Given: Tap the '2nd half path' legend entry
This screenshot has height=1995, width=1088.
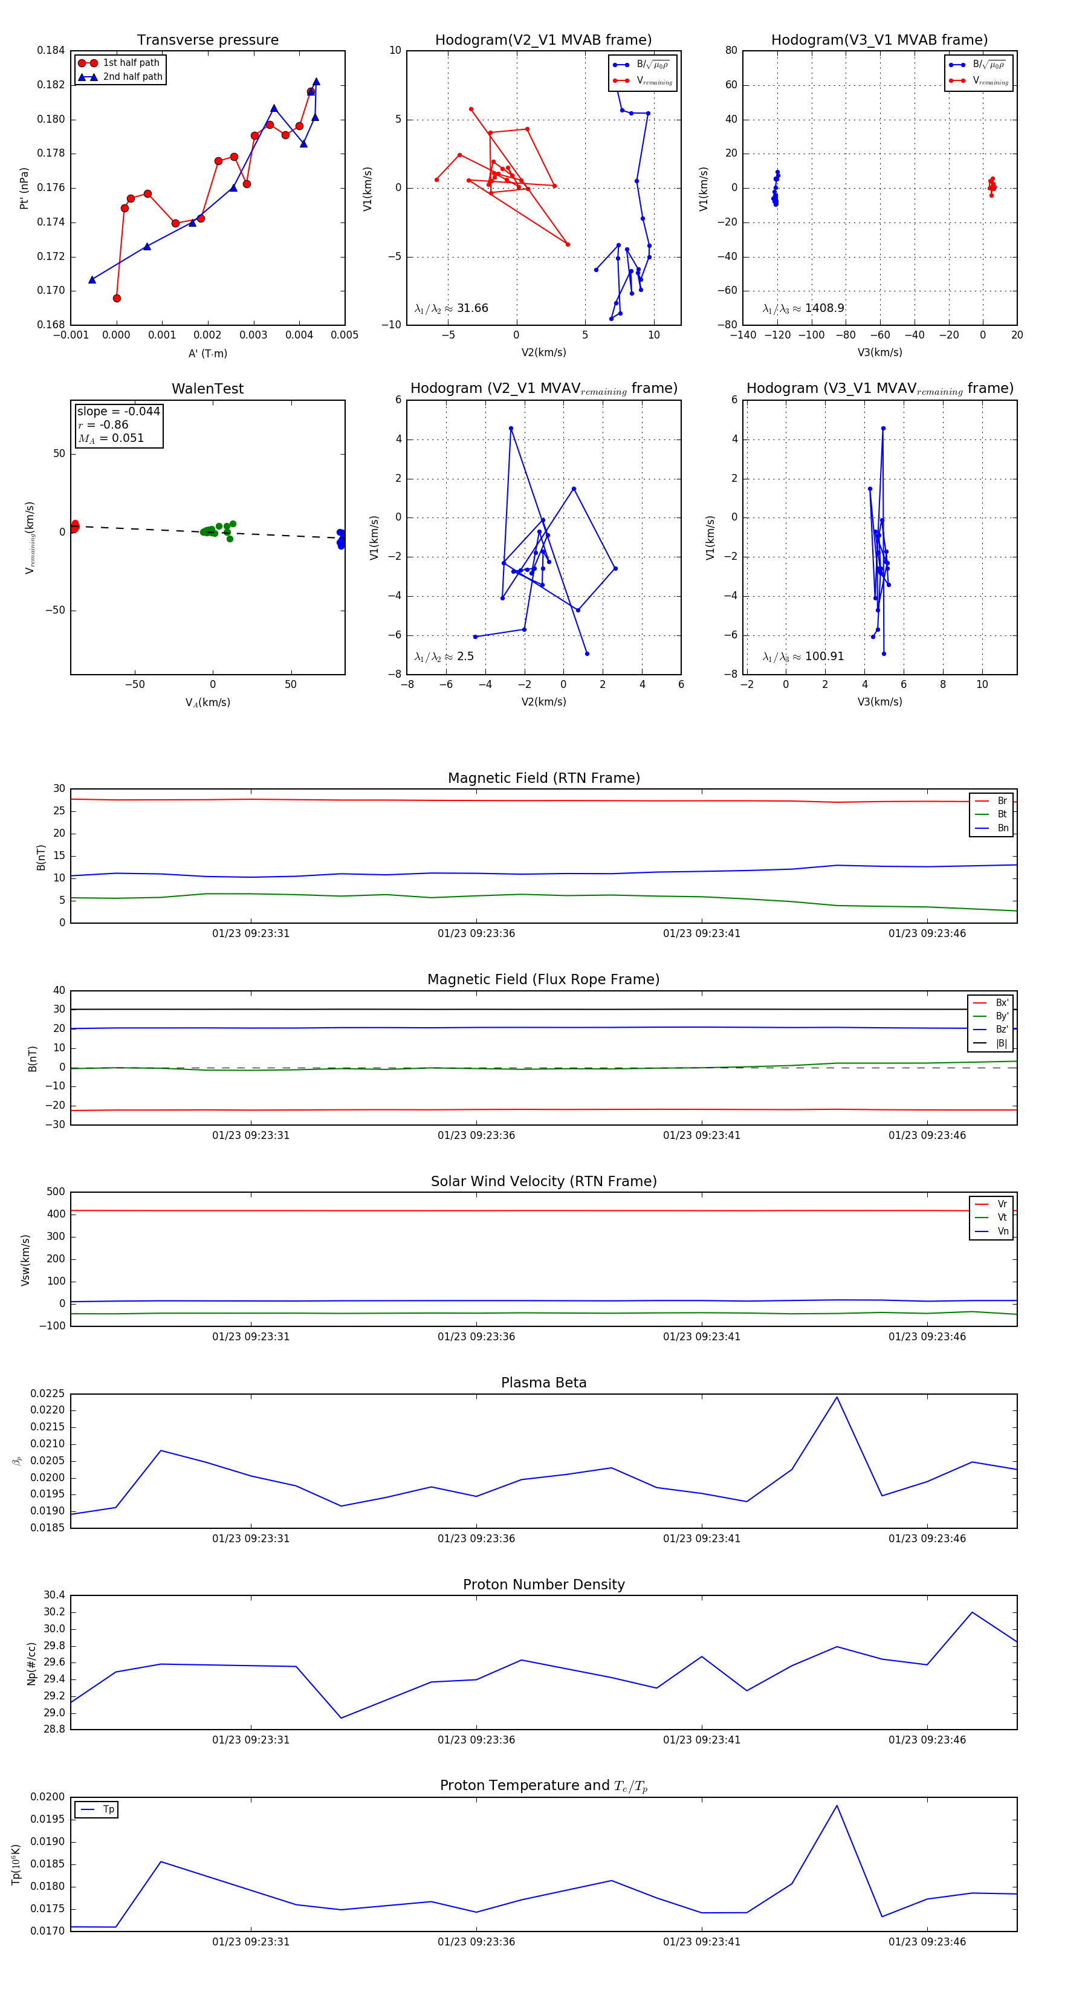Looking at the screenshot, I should pos(132,77).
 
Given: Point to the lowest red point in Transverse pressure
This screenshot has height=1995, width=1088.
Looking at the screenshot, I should pos(117,298).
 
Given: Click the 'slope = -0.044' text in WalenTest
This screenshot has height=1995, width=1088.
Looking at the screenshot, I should pos(118,411).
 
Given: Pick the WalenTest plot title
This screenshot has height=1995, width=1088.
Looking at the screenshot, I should pos(207,389).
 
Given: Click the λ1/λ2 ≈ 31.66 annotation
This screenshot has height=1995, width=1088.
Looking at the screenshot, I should pos(452,308).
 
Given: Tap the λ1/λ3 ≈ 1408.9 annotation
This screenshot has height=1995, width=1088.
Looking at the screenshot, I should pos(803,308).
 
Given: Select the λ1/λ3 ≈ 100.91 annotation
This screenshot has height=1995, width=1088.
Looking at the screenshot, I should pos(803,657).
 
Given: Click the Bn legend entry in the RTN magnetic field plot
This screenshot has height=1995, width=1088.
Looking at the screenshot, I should pos(1002,828).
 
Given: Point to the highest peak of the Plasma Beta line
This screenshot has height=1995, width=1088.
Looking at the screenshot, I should pos(837,1398).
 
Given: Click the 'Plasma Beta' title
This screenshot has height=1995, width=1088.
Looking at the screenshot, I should pos(543,1383).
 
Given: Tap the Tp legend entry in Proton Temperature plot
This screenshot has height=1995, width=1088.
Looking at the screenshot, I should pos(108,1810).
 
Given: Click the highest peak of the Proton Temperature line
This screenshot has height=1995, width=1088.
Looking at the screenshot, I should pos(837,1806).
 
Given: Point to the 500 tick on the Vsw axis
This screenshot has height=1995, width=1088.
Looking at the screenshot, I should pos(56,1192).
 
